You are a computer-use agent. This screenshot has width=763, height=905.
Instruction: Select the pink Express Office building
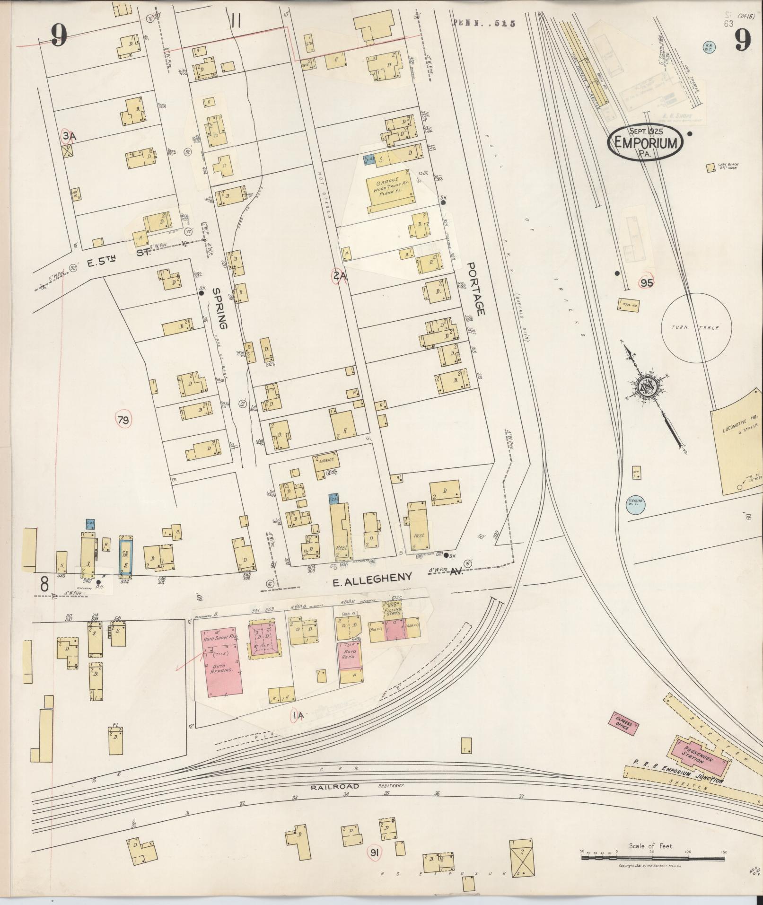pyautogui.click(x=623, y=724)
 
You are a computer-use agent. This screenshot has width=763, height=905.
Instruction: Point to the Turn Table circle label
pyautogui.click(x=696, y=328)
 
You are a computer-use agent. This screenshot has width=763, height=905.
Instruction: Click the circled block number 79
pyautogui.click(x=123, y=420)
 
